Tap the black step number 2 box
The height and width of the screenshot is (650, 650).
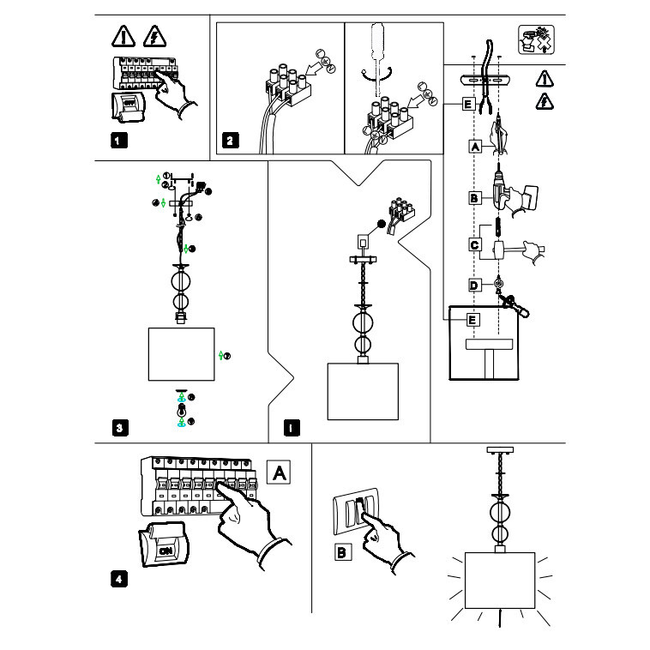tap(230, 140)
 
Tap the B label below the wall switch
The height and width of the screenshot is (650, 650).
tap(342, 553)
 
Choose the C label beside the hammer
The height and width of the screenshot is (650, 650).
tap(474, 244)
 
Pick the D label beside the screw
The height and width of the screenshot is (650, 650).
tap(473, 285)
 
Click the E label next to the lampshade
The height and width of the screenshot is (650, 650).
tap(473, 320)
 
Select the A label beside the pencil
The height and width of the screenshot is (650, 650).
tap(473, 147)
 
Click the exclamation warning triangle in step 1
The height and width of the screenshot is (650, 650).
tap(122, 36)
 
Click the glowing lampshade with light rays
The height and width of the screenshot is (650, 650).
tap(498, 581)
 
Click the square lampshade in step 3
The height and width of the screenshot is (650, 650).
tap(181, 353)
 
